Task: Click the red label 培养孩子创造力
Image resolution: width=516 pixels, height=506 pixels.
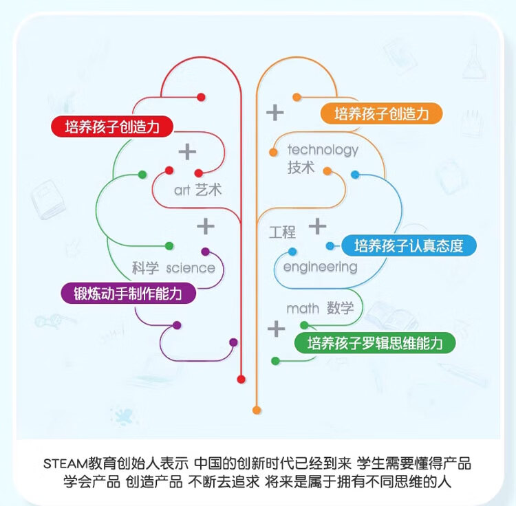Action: pos(111,126)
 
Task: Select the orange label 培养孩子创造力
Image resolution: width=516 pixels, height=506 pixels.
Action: pos(381,113)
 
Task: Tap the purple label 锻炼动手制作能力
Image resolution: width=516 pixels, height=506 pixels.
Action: pos(128,294)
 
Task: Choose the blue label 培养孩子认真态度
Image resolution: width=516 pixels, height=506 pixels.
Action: pos(409,245)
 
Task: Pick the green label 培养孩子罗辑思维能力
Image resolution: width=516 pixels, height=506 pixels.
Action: pos(375,343)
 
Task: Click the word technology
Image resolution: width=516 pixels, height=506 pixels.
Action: pos(323,150)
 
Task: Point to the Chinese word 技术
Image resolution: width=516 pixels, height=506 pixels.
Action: pos(301,168)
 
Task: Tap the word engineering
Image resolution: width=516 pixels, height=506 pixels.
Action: pos(320,267)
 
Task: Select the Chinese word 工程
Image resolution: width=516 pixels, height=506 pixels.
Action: pos(282,232)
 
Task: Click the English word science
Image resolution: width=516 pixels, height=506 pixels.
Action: pos(191,268)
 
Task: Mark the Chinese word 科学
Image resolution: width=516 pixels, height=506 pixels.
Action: pos(145,268)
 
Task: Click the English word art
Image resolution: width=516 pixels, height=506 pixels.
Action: pos(182,190)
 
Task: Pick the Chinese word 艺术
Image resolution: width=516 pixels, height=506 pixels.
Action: pos(208,190)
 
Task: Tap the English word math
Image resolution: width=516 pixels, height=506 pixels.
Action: pos(303,309)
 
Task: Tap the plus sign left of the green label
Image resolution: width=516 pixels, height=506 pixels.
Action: pos(276,329)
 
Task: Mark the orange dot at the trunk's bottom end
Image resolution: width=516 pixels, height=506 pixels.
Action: pos(257,410)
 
